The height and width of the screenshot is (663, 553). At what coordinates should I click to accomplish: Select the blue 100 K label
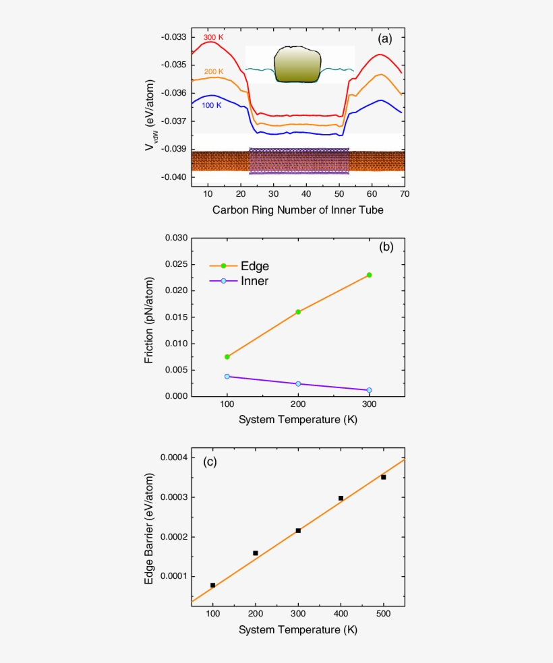tap(212, 106)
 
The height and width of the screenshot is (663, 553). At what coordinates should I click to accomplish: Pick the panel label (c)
tap(210, 462)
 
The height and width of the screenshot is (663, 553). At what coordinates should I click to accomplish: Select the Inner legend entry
tap(254, 281)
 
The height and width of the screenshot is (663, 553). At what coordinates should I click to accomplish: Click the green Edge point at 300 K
tap(369, 275)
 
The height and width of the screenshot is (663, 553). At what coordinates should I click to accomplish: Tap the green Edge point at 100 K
tap(227, 356)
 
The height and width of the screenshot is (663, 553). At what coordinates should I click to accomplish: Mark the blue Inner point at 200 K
tap(298, 384)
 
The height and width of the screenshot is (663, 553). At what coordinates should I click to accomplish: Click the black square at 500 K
tap(384, 477)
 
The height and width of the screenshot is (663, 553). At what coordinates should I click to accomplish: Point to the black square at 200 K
tap(256, 553)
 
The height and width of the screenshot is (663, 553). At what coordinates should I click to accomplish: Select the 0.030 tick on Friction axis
tap(173, 238)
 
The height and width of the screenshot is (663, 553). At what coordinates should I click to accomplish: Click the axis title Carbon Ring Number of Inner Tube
tap(298, 210)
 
